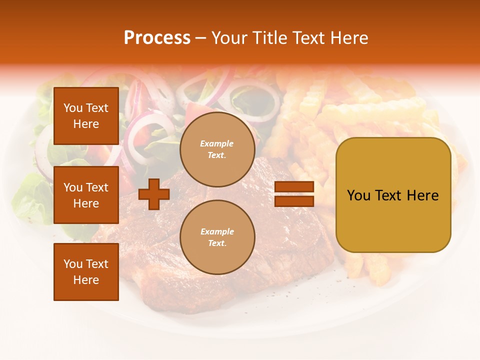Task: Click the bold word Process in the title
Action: [157, 38]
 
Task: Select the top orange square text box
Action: [86, 116]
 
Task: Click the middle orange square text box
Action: [86, 195]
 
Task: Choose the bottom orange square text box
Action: [86, 272]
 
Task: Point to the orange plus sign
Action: [154, 194]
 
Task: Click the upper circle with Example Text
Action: [217, 149]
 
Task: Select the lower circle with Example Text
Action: [217, 237]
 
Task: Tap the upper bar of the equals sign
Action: [294, 186]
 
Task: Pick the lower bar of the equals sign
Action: [294, 201]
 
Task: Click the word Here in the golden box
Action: [423, 195]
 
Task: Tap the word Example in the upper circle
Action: [217, 143]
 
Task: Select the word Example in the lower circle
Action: [217, 231]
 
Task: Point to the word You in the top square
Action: [73, 108]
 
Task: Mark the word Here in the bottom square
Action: [86, 280]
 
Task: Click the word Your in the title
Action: [229, 38]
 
